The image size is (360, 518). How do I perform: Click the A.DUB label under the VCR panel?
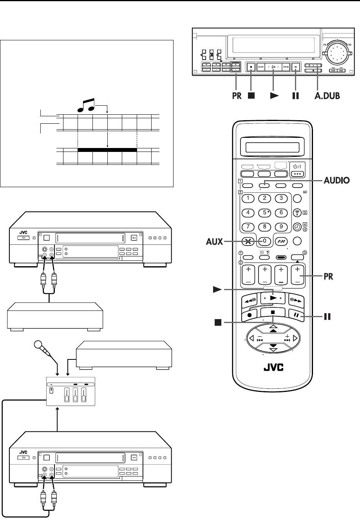click(327, 96)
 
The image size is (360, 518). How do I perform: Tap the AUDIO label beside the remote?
click(336, 180)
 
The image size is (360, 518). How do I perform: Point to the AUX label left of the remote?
click(215, 242)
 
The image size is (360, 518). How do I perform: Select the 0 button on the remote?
click(264, 241)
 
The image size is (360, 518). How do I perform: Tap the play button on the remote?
click(273, 298)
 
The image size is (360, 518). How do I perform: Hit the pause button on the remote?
click(297, 315)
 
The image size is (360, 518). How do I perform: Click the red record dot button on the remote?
click(250, 315)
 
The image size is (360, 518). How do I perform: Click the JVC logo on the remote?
click(273, 368)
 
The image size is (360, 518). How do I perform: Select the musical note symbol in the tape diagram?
click(86, 105)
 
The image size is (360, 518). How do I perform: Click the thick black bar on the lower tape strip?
click(107, 150)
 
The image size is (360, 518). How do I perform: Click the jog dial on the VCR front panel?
click(337, 53)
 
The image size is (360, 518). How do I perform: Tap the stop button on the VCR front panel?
click(251, 67)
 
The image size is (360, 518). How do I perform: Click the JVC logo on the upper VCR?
click(23, 233)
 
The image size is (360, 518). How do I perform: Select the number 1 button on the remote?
click(248, 199)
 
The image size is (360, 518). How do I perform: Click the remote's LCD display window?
click(272, 147)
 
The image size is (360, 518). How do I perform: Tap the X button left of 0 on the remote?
click(248, 242)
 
